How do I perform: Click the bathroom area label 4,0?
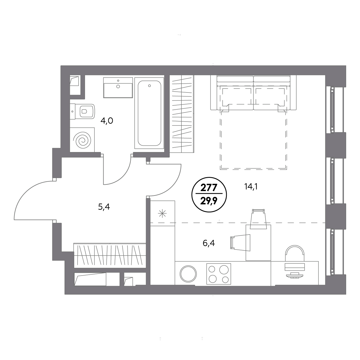click(x=107, y=121)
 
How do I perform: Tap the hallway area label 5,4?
click(x=104, y=207)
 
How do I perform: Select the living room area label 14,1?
click(x=251, y=186)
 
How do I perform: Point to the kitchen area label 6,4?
click(x=209, y=243)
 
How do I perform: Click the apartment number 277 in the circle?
click(x=209, y=188)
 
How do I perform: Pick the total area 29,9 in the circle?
click(x=209, y=201)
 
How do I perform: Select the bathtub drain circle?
click(x=149, y=86)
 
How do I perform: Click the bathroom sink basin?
click(x=118, y=88)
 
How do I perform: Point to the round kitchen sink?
click(x=188, y=274)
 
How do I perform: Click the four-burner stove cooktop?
click(x=218, y=274)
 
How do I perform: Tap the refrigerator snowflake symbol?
click(x=162, y=214)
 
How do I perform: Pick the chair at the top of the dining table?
click(x=258, y=219)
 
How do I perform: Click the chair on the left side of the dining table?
click(x=241, y=243)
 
